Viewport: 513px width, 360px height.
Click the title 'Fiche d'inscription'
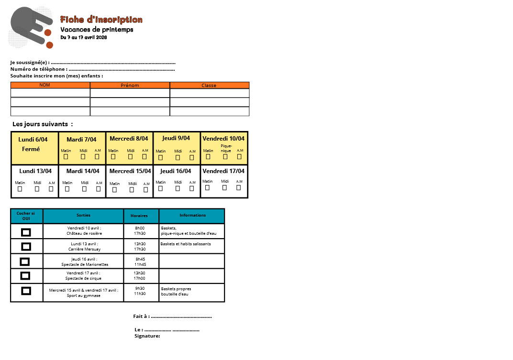click(x=101, y=20)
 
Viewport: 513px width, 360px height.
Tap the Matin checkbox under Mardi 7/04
click(x=66, y=156)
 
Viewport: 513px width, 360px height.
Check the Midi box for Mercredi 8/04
click(x=130, y=156)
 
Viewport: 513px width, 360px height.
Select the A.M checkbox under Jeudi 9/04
click(x=192, y=157)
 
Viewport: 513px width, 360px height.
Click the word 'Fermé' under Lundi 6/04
click(x=31, y=149)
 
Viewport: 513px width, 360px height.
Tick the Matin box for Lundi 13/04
click(x=20, y=189)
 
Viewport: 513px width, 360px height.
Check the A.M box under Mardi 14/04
click(x=99, y=189)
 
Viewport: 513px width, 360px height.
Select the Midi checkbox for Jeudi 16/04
click(x=178, y=188)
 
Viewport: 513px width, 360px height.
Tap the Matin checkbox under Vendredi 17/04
click(x=207, y=187)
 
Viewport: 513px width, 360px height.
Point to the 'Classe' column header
click(x=209, y=86)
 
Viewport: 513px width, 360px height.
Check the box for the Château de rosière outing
click(x=26, y=232)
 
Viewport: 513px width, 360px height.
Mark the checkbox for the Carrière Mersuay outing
click(x=26, y=247)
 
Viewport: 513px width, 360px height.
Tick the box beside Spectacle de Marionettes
click(x=24, y=262)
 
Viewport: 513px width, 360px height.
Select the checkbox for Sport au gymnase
click(x=26, y=291)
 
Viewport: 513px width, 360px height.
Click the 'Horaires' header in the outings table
click(x=139, y=216)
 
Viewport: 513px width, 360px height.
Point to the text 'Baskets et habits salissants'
click(x=186, y=244)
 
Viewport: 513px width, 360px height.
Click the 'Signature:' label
click(x=147, y=336)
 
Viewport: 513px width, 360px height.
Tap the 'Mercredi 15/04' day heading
click(x=130, y=171)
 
